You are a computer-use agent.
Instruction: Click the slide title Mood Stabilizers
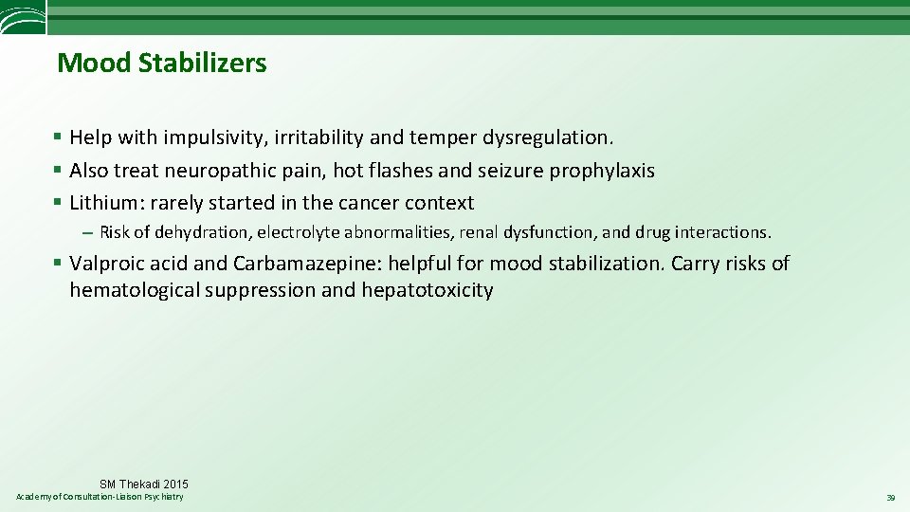(162, 64)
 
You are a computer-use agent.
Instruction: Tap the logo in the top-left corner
(21, 16)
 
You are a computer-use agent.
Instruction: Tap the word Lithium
(102, 203)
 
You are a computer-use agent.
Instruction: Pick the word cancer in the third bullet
(368, 203)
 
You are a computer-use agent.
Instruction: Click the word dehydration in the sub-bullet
(197, 232)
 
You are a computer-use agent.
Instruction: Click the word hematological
(133, 290)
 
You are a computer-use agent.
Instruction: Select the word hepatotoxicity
(427, 290)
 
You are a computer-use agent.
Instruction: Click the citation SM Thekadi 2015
(144, 485)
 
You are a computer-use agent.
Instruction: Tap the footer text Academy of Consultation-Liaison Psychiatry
(100, 498)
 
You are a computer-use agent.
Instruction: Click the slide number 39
(890, 498)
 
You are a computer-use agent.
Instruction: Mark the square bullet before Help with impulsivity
(59, 137)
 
